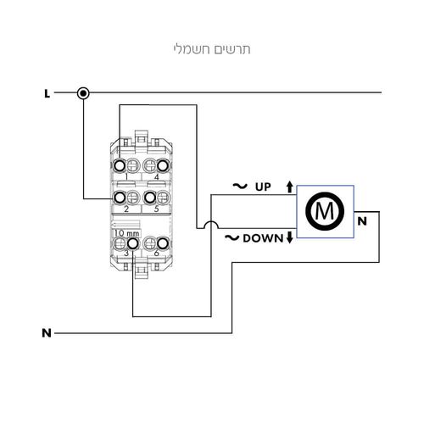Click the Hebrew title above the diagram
click(212, 49)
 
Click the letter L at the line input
click(47, 93)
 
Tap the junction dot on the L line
click(83, 93)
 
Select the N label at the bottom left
click(47, 333)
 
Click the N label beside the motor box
click(362, 221)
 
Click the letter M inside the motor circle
click(325, 211)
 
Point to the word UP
click(263, 187)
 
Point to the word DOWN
click(263, 238)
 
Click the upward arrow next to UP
click(289, 187)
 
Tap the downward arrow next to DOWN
click(289, 237)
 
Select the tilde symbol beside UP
click(240, 186)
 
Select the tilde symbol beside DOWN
click(232, 237)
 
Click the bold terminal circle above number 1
click(120, 166)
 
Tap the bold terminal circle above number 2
click(120, 198)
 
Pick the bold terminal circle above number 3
click(133, 243)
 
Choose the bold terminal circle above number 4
click(163, 166)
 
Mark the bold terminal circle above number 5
click(149, 198)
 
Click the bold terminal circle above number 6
click(163, 243)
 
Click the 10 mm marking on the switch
click(127, 233)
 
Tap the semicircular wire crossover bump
click(211, 221)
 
